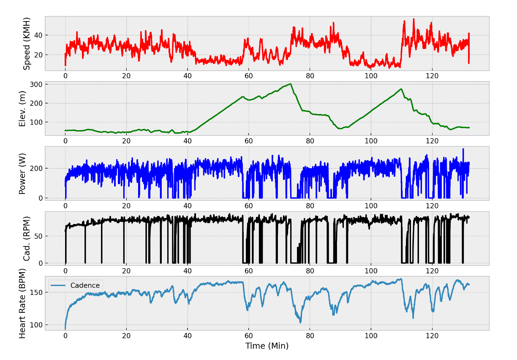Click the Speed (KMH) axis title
[27, 44]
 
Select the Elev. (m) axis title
[23, 109]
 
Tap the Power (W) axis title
[23, 174]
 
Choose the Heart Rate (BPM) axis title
[23, 304]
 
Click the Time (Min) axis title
[267, 346]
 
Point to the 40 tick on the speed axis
[38, 35]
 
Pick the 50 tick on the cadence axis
[38, 236]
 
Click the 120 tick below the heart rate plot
[432, 335]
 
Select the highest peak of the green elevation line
[291, 84]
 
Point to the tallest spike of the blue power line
[463, 149]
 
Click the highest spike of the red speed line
[414, 19]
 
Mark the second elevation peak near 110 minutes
[401, 89]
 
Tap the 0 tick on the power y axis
[40, 198]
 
